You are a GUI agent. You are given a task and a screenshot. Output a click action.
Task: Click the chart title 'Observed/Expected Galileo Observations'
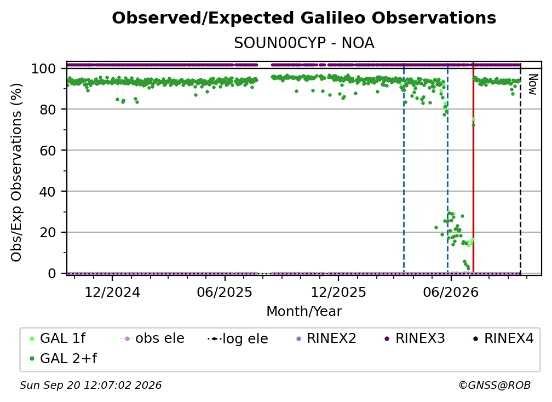click(x=304, y=18)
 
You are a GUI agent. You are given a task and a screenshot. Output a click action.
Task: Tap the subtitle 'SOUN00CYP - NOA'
click(x=304, y=43)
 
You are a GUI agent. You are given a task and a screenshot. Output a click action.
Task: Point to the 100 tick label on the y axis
click(x=43, y=68)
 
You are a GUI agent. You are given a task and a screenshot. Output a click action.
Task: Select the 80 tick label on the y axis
click(x=48, y=110)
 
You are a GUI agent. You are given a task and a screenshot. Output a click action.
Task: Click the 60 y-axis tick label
click(x=48, y=151)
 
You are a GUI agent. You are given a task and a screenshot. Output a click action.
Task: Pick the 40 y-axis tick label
click(x=48, y=192)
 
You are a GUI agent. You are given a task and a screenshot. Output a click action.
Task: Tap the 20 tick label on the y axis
click(x=48, y=233)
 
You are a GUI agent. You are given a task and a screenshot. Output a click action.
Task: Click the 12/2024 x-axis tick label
click(x=112, y=292)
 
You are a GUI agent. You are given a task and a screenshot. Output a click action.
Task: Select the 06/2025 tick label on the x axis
click(x=225, y=292)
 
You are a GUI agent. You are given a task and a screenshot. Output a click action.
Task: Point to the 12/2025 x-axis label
click(x=338, y=292)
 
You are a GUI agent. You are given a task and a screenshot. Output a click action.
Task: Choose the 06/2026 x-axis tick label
click(x=451, y=292)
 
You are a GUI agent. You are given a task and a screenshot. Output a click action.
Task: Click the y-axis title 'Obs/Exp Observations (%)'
click(x=16, y=173)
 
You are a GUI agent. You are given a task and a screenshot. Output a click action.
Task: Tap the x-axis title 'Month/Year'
click(x=304, y=312)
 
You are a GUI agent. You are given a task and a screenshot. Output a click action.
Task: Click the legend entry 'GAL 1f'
click(x=58, y=338)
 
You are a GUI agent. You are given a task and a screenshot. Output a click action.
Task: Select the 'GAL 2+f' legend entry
click(x=64, y=359)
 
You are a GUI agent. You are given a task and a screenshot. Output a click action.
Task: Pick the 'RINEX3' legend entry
click(x=415, y=338)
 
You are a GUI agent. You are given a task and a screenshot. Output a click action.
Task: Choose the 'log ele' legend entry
click(x=238, y=339)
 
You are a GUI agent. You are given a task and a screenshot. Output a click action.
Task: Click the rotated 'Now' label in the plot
click(x=533, y=84)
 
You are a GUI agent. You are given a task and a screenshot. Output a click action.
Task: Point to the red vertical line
click(x=474, y=167)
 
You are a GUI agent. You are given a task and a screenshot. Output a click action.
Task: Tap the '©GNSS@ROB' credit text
click(x=495, y=386)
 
